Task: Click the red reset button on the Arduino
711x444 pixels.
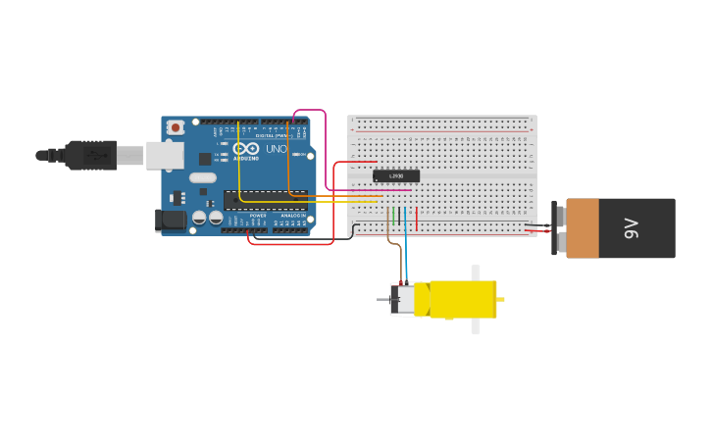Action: pos(176,126)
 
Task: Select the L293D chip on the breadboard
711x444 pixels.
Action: pos(396,175)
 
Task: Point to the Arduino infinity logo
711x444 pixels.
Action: pos(245,149)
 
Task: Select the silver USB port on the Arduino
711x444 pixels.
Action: pos(165,155)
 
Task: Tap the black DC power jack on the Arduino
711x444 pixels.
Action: pos(171,220)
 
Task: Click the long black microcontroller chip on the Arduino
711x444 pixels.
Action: pos(264,200)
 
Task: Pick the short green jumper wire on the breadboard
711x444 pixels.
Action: pos(392,217)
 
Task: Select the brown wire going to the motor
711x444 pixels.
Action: pos(392,241)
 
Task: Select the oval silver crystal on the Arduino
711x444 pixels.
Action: pos(202,177)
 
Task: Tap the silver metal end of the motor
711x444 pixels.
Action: pos(402,300)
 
